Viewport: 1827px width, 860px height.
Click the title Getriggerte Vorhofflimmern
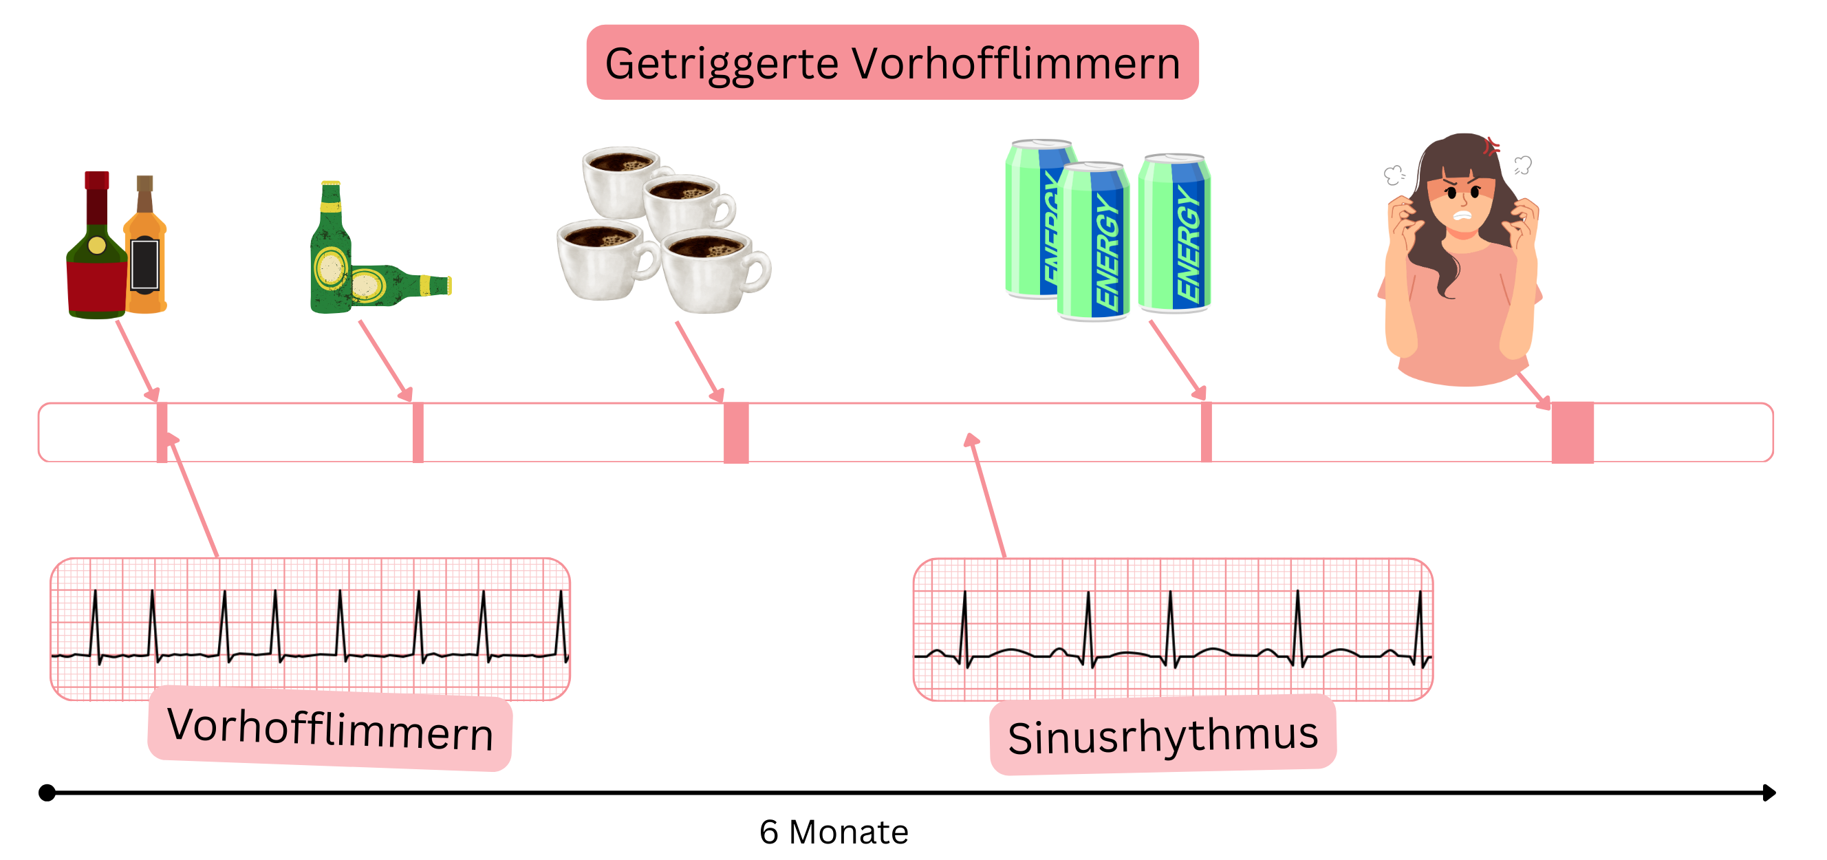tap(892, 63)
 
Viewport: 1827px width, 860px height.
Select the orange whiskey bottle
tap(145, 263)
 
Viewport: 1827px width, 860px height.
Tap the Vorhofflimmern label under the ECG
tap(329, 729)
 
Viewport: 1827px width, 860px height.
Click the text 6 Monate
tap(833, 832)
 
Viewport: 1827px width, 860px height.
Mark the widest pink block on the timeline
tap(1572, 432)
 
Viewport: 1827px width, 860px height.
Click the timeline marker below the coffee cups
tap(736, 432)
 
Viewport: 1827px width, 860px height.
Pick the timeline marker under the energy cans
tap(1206, 432)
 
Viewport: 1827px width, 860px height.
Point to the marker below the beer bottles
tap(418, 432)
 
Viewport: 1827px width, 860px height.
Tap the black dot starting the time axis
tap(47, 793)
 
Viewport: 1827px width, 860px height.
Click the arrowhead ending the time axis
tap(1769, 793)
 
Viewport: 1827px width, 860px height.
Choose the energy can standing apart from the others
tap(1174, 234)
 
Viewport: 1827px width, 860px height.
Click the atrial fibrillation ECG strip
tap(310, 628)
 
